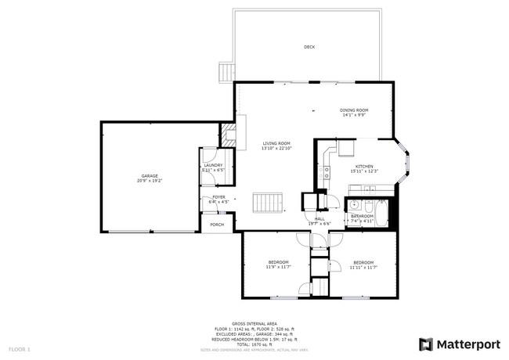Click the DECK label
coord(309,48)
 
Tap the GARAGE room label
coord(150,176)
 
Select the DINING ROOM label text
coord(354,110)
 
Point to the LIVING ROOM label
coord(276,143)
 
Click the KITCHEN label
coord(364,166)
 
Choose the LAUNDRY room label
coord(213,165)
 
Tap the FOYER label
coord(218,197)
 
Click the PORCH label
coord(217,225)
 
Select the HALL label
coord(319,218)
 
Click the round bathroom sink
coord(354,205)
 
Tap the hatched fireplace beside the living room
coord(227,135)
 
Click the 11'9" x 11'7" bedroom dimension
coord(278,267)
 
